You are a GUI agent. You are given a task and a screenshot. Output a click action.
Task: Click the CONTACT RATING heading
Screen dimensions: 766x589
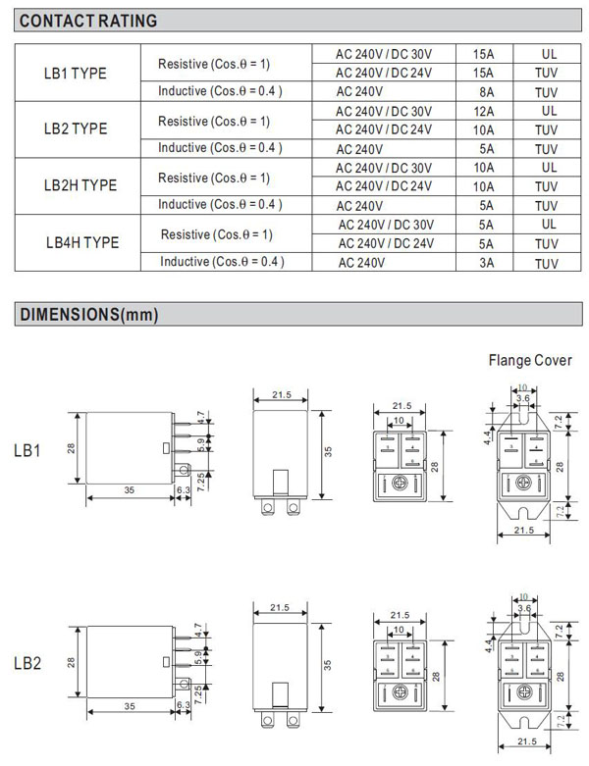coord(88,21)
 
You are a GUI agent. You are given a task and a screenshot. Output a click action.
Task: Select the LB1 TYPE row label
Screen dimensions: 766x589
coord(77,74)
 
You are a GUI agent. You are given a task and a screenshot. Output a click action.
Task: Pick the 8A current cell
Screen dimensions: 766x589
coord(484,92)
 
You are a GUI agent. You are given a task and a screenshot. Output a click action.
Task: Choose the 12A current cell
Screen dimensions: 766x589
coord(484,111)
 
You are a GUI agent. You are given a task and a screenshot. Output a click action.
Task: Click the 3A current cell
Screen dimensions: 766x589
coord(485,262)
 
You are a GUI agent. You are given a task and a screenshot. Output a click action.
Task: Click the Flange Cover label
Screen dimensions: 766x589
coord(530,360)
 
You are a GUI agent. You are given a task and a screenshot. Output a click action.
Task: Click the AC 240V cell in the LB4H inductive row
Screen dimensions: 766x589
coord(361,262)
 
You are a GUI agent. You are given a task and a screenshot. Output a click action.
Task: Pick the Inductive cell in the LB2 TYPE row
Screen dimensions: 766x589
coord(220,148)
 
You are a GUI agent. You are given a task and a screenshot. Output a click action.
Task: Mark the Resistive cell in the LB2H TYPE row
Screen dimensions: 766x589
coord(214,178)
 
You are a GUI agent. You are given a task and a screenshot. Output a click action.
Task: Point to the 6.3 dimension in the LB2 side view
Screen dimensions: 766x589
coord(183,704)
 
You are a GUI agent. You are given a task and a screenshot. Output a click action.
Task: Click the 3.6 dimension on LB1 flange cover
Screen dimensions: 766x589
coord(524,397)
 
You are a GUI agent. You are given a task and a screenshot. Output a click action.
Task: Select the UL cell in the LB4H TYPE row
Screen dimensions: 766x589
coord(548,224)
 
